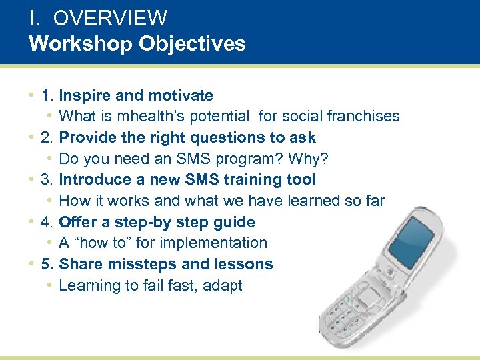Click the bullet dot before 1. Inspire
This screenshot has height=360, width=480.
coord(32,95)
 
